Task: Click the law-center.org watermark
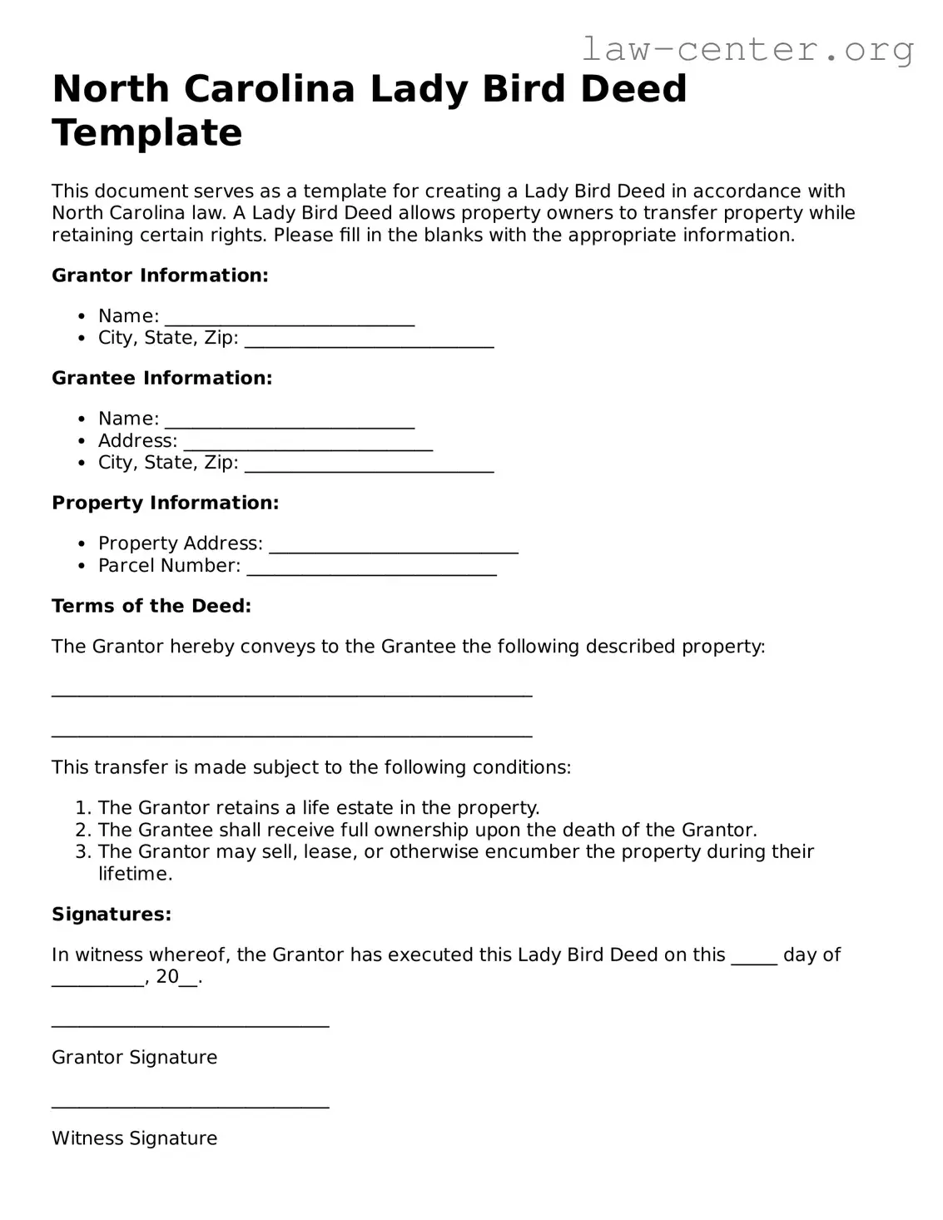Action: pyautogui.click(x=747, y=49)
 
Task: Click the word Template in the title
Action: pyautogui.click(x=146, y=132)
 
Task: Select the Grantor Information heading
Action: pyautogui.click(x=160, y=275)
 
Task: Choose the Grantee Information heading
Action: pyautogui.click(x=161, y=378)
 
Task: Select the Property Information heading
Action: pyautogui.click(x=165, y=503)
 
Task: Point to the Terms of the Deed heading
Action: pyautogui.click(x=151, y=606)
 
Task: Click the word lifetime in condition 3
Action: pyautogui.click(x=135, y=874)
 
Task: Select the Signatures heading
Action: pyautogui.click(x=112, y=915)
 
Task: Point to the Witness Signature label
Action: pyautogui.click(x=134, y=1138)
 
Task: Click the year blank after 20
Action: pyautogui.click(x=189, y=983)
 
